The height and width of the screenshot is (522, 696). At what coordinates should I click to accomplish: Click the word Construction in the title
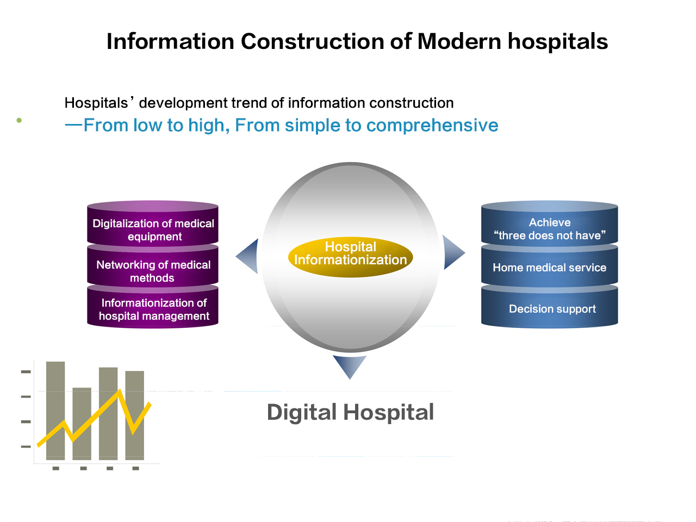click(312, 41)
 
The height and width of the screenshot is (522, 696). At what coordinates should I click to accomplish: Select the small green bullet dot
click(19, 120)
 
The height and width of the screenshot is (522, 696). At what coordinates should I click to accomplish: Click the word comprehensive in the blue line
click(432, 126)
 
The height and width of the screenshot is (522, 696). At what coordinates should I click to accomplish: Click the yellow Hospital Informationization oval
click(350, 257)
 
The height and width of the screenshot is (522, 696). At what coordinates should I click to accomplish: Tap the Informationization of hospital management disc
click(152, 307)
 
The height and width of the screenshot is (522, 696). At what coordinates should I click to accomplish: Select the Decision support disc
click(550, 307)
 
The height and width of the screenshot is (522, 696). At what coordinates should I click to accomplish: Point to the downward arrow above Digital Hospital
click(350, 365)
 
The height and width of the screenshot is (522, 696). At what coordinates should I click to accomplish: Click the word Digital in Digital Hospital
click(302, 413)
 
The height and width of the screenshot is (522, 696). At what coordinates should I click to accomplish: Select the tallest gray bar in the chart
click(55, 411)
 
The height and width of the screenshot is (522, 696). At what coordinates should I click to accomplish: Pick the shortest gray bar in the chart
click(82, 424)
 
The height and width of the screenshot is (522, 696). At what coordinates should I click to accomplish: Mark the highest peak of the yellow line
click(120, 390)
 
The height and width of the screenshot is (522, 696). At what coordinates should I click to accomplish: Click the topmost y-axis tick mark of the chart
click(26, 371)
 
